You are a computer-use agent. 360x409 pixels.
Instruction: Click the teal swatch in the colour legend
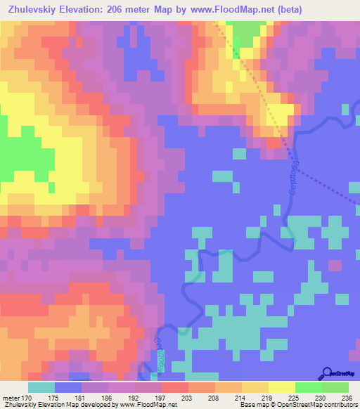pyautogui.click(x=41, y=387)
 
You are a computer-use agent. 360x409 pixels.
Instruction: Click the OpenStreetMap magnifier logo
pyautogui.click(x=328, y=374)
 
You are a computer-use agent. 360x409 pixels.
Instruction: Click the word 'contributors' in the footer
pyautogui.click(x=341, y=405)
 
